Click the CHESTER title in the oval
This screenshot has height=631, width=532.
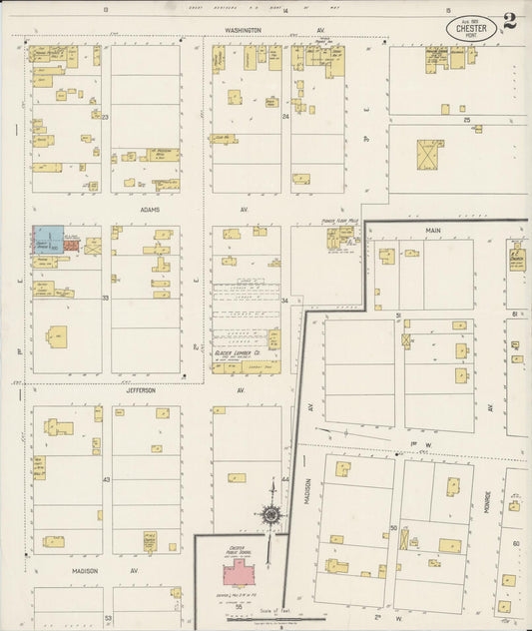click(472, 28)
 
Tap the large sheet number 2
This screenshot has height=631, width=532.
click(511, 22)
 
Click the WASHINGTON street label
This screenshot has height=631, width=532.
click(243, 31)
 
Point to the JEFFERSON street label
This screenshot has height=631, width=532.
click(141, 390)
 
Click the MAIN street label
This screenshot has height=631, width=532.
click(433, 230)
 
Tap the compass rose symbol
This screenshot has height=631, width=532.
click(270, 515)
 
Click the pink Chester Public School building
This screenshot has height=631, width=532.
click(239, 572)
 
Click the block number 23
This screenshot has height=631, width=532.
click(104, 117)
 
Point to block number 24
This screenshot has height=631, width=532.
click(285, 117)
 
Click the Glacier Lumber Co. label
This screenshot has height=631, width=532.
click(238, 353)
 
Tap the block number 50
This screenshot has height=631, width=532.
click(394, 527)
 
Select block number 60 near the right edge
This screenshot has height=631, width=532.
click(516, 544)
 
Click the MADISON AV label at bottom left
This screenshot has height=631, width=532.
click(91, 570)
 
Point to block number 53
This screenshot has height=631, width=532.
click(108, 618)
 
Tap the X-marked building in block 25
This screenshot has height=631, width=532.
click(430, 154)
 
